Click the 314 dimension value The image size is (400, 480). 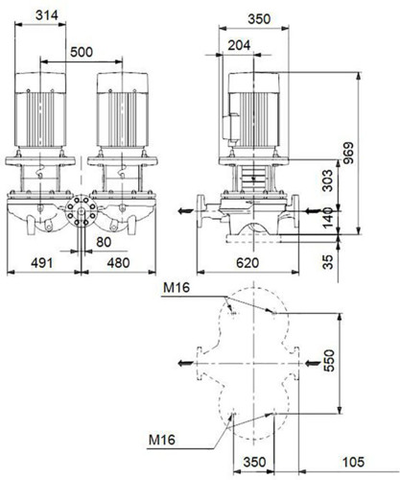(47, 15)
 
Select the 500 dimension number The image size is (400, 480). (82, 52)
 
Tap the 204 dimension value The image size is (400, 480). (239, 45)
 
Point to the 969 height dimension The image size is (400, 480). (348, 153)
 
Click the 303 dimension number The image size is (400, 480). (327, 180)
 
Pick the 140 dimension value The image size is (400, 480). (327, 218)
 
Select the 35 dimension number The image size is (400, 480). (327, 262)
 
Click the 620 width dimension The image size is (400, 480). (247, 263)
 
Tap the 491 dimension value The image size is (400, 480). (42, 263)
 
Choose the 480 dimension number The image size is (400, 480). (118, 263)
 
